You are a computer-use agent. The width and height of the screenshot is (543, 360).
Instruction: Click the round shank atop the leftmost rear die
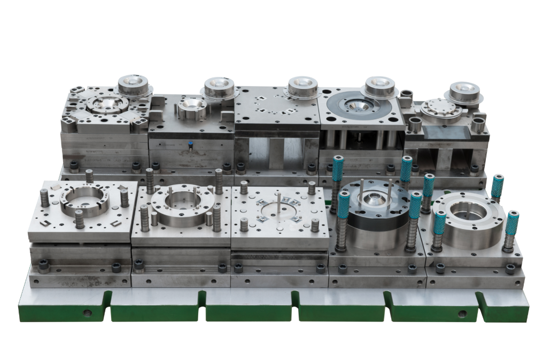click(133, 85)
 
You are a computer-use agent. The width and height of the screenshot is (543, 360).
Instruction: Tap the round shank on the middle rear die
click(302, 87)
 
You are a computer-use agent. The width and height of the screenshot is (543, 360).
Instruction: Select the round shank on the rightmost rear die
click(463, 91)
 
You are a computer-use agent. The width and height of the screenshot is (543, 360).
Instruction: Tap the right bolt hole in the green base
click(461, 313)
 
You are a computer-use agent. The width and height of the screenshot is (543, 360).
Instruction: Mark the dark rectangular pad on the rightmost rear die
click(447, 131)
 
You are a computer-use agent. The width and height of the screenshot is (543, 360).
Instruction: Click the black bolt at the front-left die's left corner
click(43, 264)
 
